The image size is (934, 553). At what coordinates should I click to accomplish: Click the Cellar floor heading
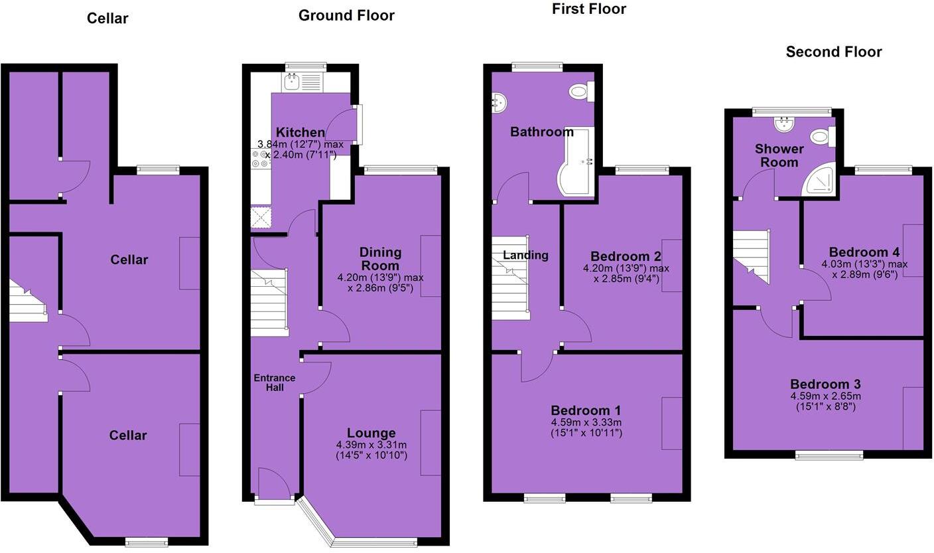(x=107, y=19)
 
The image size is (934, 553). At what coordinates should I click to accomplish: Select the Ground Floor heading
(x=346, y=15)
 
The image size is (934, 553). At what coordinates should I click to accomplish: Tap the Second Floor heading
(x=834, y=52)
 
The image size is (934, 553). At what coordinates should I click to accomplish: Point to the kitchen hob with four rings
(x=260, y=159)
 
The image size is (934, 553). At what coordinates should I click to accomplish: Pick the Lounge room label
(x=371, y=433)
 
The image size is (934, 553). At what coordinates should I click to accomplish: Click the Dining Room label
(x=380, y=258)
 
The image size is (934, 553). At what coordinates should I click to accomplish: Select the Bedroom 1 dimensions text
(x=586, y=428)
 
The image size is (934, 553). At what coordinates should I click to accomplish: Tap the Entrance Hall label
(x=275, y=382)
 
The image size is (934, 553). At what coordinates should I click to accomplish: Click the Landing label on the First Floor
(x=525, y=255)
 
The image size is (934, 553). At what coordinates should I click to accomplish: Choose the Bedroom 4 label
(x=864, y=252)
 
